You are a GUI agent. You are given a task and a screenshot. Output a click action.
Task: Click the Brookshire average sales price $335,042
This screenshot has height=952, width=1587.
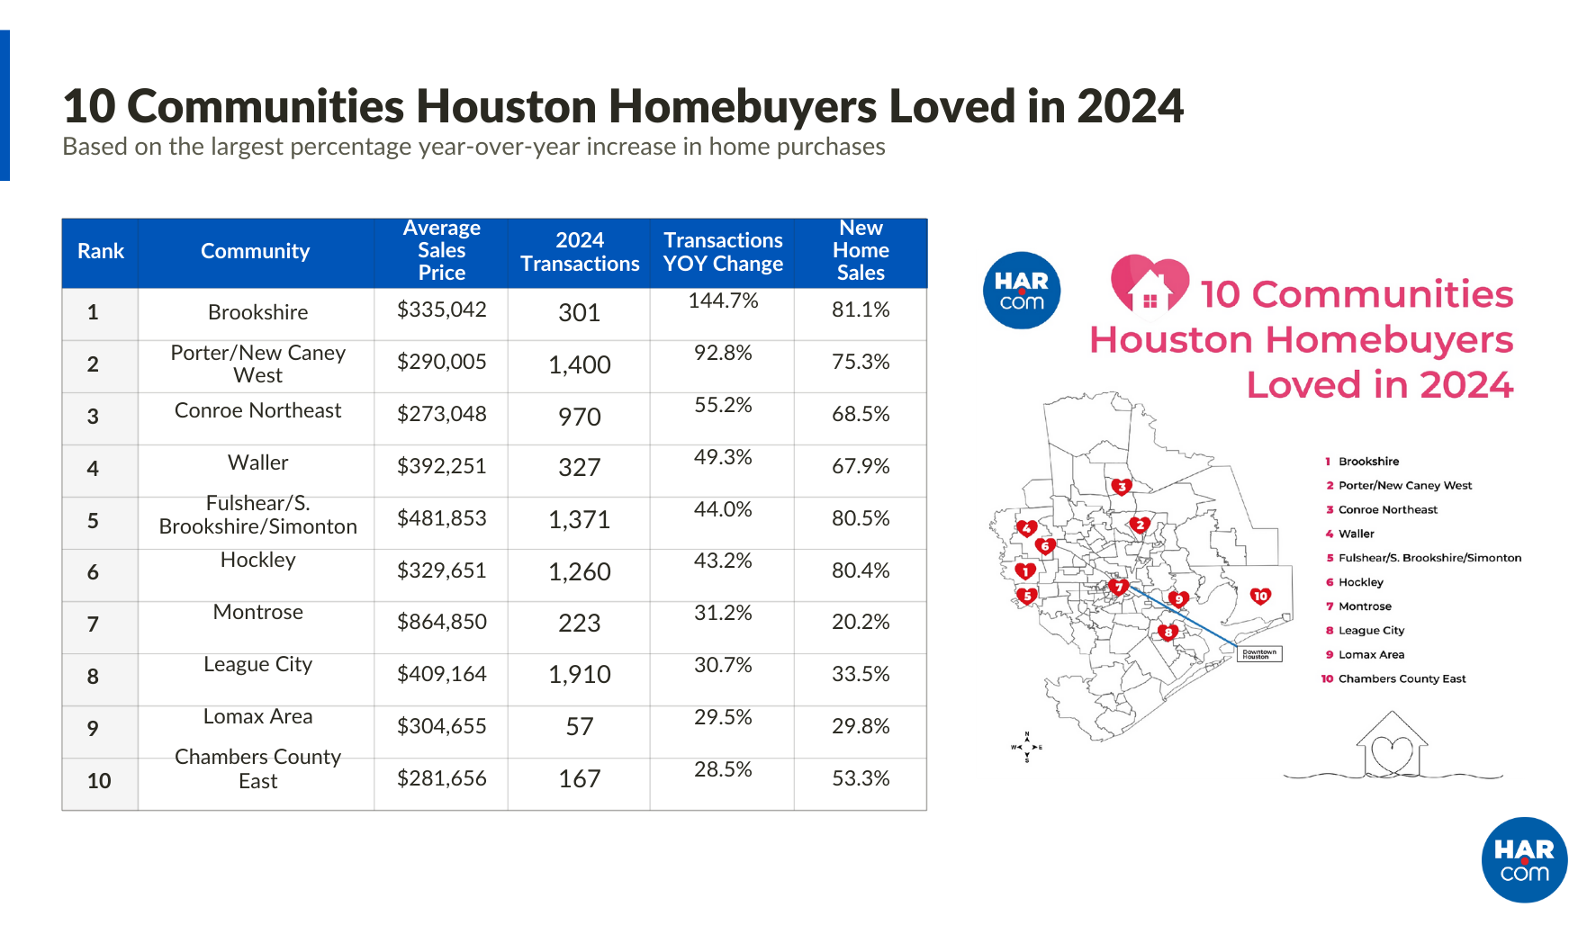click(441, 310)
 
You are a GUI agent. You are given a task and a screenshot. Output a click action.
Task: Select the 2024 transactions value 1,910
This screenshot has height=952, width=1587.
click(579, 675)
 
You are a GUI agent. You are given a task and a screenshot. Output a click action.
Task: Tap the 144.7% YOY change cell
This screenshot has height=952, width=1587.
click(723, 301)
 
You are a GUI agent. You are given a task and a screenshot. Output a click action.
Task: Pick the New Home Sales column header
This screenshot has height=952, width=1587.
click(861, 250)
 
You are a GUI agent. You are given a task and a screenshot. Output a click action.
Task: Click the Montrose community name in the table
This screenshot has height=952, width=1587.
click(257, 612)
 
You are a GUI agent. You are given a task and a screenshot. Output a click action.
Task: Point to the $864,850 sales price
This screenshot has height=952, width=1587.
click(441, 622)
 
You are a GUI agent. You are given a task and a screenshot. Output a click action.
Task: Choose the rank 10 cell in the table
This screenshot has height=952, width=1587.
click(99, 781)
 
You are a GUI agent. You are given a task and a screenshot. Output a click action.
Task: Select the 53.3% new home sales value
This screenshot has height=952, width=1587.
click(861, 778)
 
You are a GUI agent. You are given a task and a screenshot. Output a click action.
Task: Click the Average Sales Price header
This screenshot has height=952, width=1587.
click(441, 250)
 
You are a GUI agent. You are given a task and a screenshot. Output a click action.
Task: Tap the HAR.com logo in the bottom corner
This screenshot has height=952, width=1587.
click(1524, 859)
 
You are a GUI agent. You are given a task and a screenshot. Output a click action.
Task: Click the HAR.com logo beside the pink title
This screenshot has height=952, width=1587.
click(1022, 291)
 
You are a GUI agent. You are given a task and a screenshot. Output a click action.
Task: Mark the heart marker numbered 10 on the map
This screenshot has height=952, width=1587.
click(1260, 596)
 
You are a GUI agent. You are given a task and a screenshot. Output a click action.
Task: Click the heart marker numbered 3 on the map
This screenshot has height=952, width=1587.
click(1122, 487)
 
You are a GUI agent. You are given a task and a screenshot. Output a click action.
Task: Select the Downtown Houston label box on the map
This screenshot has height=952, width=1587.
click(1259, 654)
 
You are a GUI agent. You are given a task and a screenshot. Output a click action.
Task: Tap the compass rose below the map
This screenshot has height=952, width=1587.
click(1026, 747)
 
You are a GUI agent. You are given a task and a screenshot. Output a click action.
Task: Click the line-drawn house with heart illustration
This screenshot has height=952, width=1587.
click(1392, 747)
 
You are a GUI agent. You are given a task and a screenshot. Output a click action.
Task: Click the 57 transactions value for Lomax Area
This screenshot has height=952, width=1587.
click(579, 727)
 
